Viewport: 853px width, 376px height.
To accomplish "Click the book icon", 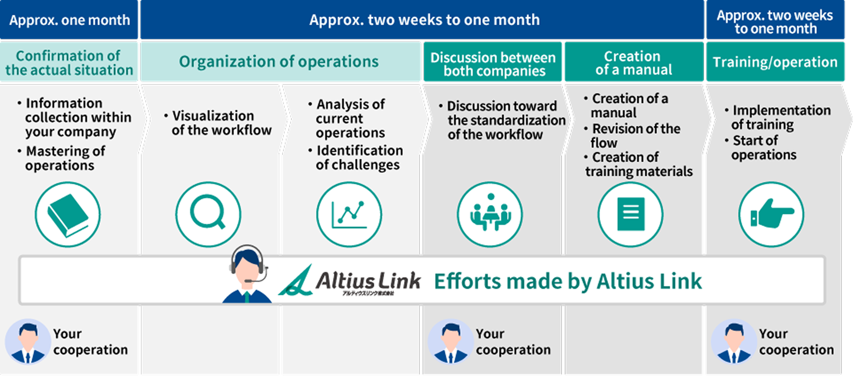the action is [68, 214].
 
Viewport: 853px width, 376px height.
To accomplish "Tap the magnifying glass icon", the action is [208, 214].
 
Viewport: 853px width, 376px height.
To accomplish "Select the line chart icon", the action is [349, 214].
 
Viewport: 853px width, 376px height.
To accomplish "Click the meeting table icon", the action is [490, 214].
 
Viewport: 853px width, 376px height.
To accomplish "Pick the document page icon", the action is [630, 214].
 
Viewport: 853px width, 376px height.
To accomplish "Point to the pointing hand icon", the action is [771, 214].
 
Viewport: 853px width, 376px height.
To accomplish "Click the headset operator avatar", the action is [247, 274].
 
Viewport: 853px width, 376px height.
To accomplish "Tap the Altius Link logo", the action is [349, 280].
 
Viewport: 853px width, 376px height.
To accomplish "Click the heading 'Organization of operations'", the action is [279, 61].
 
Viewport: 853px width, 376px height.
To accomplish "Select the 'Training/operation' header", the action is [775, 62].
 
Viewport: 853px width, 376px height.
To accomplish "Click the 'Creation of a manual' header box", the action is [634, 62].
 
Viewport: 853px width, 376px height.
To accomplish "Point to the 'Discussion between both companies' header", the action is [493, 62].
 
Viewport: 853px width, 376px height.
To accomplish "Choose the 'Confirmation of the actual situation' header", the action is [69, 62].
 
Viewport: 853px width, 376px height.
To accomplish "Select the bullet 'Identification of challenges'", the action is [355, 157].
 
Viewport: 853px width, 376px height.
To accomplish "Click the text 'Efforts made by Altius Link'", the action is [568, 281].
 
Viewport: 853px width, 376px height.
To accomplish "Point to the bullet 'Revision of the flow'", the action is [632, 136].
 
